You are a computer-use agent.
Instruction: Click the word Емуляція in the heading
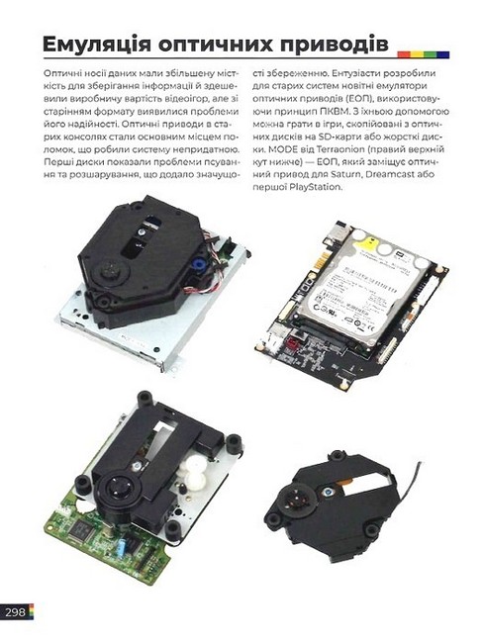[96, 45]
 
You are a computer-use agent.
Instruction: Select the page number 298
[15, 612]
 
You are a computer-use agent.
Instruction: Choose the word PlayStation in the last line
[315, 187]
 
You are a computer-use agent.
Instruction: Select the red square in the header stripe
[404, 54]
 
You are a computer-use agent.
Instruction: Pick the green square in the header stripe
[431, 54]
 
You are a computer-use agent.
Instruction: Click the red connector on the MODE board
[292, 343]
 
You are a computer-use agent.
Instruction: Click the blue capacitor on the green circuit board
[123, 546]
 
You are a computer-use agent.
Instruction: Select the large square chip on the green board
[82, 530]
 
